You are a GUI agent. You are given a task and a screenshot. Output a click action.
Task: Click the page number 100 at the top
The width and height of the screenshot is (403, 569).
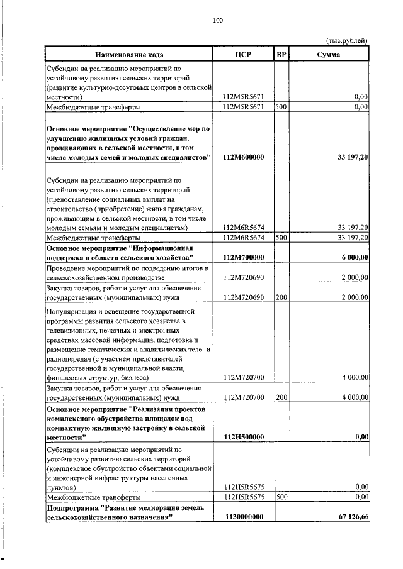(x=218, y=21)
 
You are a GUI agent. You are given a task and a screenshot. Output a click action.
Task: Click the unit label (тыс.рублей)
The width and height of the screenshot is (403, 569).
(x=346, y=41)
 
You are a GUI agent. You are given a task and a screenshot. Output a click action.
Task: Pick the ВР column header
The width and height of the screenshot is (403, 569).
(x=281, y=55)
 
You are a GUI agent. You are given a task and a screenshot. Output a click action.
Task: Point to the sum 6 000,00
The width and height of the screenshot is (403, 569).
(x=355, y=258)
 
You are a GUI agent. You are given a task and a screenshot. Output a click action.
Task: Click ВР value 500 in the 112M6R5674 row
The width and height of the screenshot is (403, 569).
(x=281, y=238)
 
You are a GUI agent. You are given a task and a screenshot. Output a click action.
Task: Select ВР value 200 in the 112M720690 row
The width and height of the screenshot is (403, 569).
(x=281, y=297)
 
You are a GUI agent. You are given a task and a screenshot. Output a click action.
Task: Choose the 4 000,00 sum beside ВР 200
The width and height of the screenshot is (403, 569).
(x=355, y=397)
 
